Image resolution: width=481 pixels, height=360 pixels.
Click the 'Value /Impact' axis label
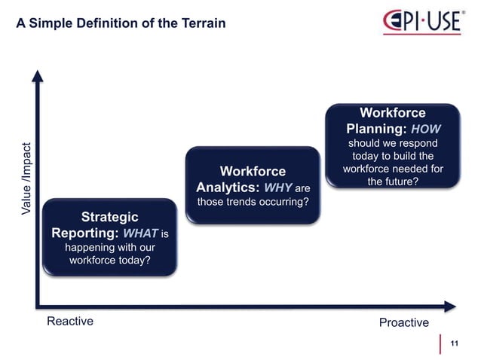tap(27, 178)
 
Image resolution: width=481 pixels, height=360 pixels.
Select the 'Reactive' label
tap(70, 322)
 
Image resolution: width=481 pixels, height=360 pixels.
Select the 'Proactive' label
tap(403, 323)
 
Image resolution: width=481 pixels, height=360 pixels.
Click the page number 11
tap(454, 343)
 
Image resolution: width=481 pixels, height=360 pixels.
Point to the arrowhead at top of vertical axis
tap(35, 76)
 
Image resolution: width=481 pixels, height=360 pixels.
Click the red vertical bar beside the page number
tap(440, 343)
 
